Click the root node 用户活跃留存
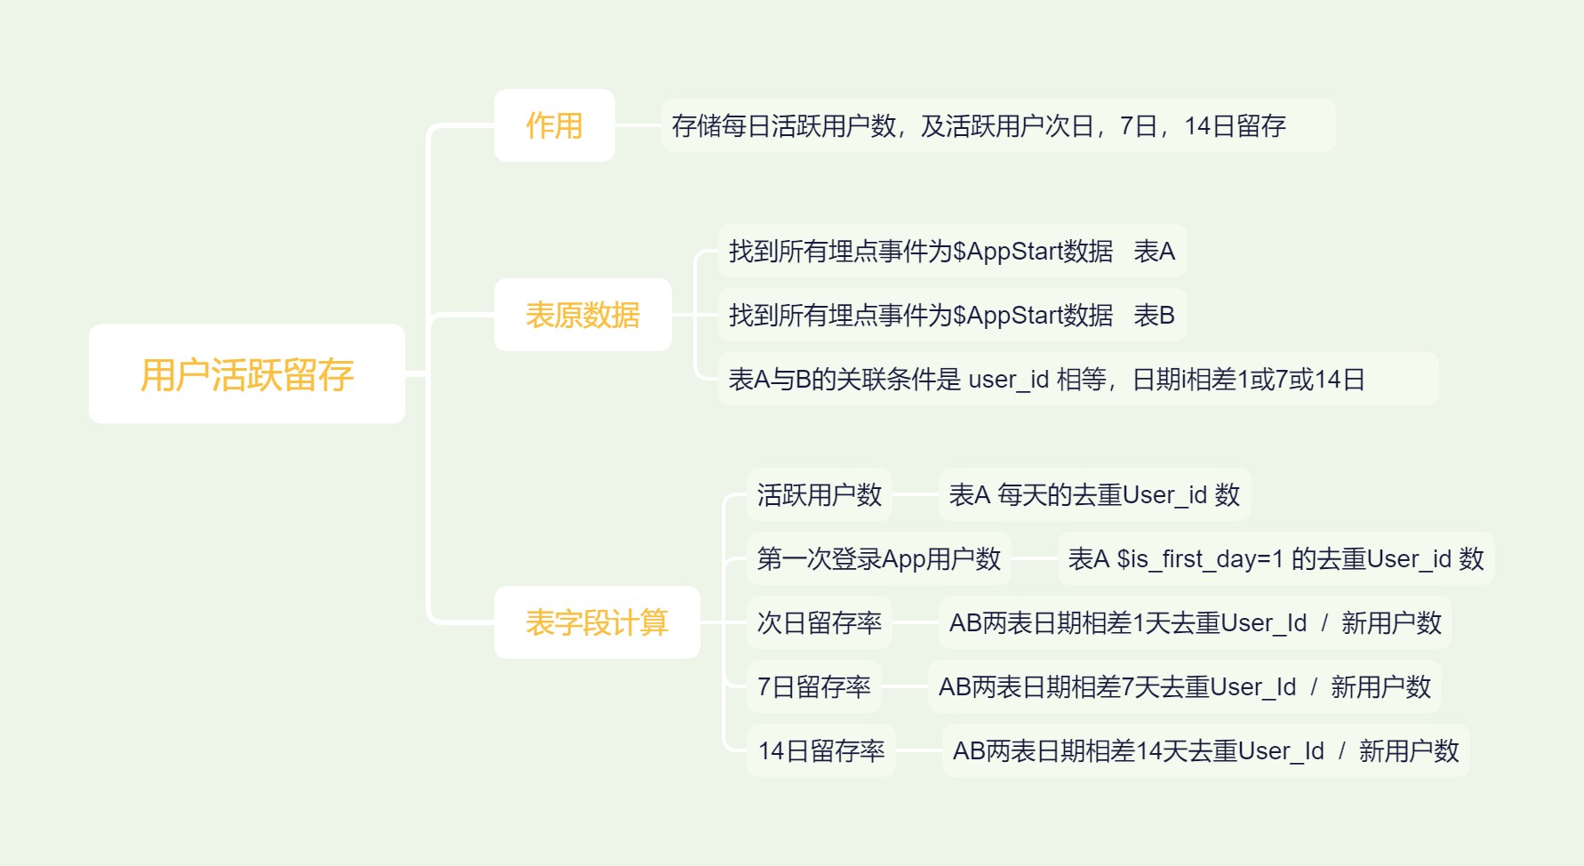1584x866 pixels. coord(247,374)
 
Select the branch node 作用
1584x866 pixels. coord(554,125)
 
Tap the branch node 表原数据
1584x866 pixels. coord(582,315)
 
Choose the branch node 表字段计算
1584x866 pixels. coord(596,622)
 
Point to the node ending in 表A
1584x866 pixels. coord(952,252)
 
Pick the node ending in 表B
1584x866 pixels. coord(952,316)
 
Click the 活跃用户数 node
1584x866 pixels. coord(819,494)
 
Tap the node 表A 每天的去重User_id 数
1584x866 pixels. coord(1094,494)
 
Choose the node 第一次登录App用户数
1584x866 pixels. coord(878,558)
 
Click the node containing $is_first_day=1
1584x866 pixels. coord(1276,558)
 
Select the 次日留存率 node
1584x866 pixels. coord(819,622)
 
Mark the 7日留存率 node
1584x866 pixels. coord(813,686)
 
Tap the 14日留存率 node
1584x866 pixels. coord(820,750)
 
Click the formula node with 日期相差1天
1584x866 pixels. coord(1195,622)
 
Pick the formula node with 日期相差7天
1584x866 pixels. coord(1184,686)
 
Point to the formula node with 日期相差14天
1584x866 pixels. coord(1205,750)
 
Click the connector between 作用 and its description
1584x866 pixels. coord(637,125)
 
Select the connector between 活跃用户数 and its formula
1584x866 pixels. coord(915,494)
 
